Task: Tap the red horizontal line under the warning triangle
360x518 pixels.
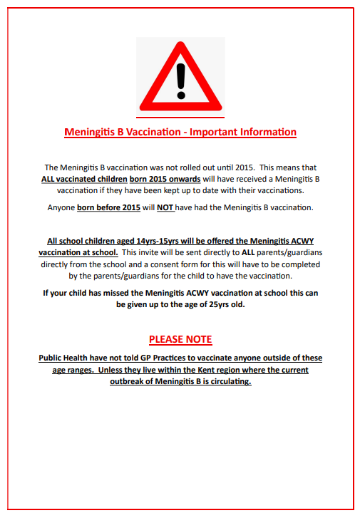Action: [180, 118]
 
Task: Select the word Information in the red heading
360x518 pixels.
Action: [268, 133]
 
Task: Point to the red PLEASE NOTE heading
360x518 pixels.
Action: [180, 339]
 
